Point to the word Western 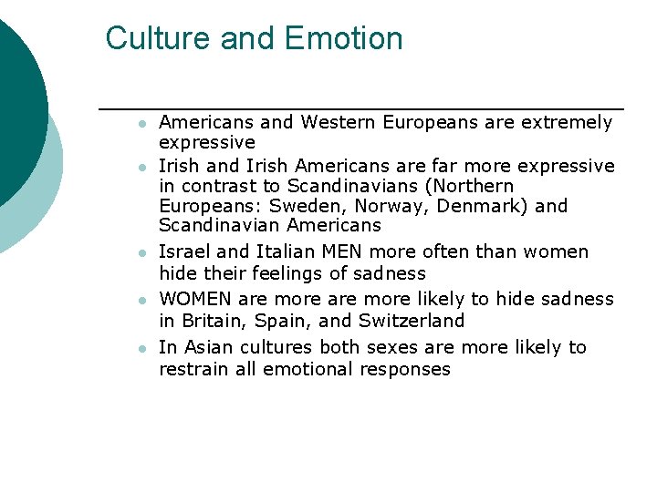pos(339,122)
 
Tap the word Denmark pos(480,206)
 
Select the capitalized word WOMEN pos(195,299)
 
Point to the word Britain pos(213,321)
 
